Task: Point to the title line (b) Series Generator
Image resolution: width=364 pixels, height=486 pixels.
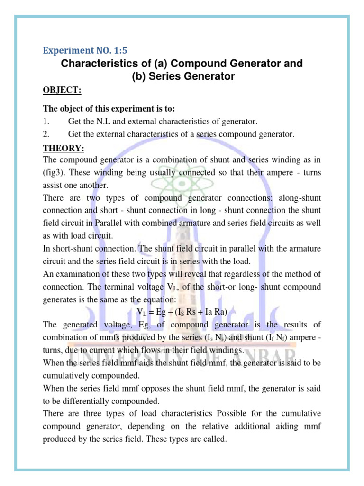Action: coord(182,76)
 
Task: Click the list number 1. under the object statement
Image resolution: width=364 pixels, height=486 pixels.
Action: coord(46,122)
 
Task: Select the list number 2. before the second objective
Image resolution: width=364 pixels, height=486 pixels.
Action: coord(46,134)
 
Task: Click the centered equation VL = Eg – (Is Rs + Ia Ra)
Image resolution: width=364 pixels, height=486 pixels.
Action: coord(182,312)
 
